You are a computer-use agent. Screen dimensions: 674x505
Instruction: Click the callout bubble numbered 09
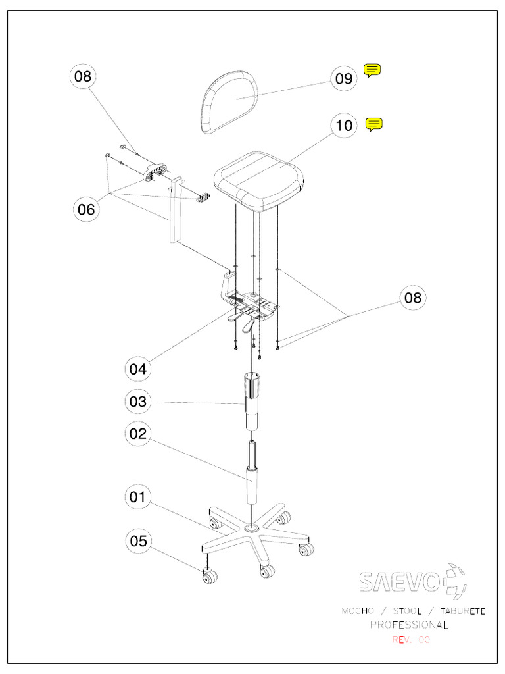[x=344, y=79]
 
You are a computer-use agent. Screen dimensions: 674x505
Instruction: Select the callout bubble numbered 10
[x=345, y=125]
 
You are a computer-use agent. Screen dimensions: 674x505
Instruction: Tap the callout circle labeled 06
[x=86, y=210]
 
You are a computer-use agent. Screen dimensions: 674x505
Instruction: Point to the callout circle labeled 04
[x=138, y=369]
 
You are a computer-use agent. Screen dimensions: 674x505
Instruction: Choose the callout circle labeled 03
[x=138, y=401]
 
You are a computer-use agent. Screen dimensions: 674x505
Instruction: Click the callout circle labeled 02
[x=138, y=434]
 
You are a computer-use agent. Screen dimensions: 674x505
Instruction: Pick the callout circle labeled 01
[x=138, y=497]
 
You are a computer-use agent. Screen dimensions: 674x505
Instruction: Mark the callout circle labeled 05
[x=138, y=542]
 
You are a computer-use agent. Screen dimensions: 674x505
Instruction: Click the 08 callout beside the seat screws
[x=412, y=298]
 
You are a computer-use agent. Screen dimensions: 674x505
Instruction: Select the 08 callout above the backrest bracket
[x=84, y=76]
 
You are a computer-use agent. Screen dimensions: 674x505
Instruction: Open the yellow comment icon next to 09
[x=372, y=70]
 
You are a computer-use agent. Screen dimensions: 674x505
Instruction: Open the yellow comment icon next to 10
[x=373, y=124]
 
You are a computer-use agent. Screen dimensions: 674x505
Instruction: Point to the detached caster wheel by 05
[x=210, y=578]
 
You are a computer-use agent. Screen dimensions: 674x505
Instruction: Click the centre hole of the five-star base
[x=251, y=529]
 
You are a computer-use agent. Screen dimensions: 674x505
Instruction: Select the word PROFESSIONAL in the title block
[x=408, y=625]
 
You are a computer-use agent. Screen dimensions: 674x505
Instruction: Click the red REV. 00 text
[x=411, y=640]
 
